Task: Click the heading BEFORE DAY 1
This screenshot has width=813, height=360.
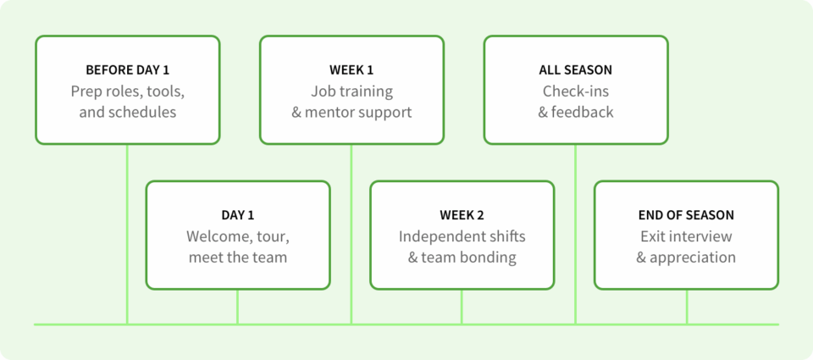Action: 128,70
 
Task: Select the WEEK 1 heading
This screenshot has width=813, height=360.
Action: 351,70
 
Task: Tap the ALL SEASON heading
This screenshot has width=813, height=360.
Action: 576,70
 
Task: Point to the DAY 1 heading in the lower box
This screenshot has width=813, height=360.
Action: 238,215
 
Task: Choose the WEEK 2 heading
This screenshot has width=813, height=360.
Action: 462,215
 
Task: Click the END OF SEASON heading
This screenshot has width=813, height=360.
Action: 686,215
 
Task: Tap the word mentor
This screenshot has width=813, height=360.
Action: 329,112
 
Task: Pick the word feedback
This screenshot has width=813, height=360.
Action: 583,112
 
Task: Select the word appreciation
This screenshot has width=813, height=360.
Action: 693,258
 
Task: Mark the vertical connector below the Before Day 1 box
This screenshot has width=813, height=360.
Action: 127,235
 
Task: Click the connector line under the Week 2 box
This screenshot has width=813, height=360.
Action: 462,307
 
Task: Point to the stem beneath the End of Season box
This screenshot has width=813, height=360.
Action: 687,307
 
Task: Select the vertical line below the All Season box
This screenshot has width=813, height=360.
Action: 575,235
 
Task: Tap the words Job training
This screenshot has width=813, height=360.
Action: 351,91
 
